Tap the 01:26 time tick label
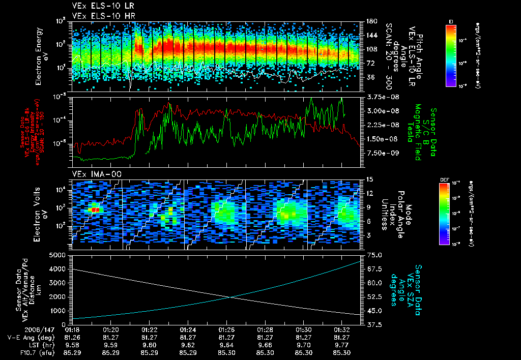tap(226, 329)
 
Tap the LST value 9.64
tap(226, 344)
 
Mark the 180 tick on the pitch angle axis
tap(371, 21)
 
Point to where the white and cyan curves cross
tap(230, 297)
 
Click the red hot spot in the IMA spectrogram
tap(94, 209)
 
